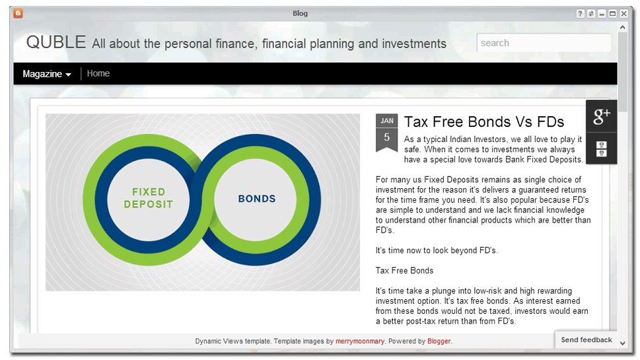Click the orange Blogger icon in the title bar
coord(18,13)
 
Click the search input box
coord(544,43)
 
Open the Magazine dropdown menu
coord(47,74)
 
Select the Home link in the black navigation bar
coord(98,73)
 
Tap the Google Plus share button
coord(602,116)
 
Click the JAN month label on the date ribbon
coord(387,121)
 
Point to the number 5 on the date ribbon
coord(386,137)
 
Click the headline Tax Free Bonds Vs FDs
coord(484,122)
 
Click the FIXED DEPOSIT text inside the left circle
coord(149,198)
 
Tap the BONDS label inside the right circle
coord(257,199)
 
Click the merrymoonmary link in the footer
coord(360,342)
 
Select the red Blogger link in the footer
coord(439,342)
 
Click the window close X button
coord(623,13)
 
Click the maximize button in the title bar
coord(613,13)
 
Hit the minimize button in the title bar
coord(602,13)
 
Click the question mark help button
coord(580,13)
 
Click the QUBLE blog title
coord(56,42)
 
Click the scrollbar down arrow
coord(622,343)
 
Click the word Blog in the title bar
coord(300,13)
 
